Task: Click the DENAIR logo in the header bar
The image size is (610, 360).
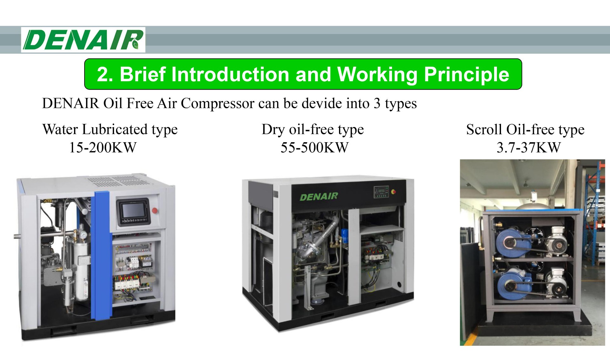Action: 83,40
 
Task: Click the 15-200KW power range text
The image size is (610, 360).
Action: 103,148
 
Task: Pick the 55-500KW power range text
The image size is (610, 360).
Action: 314,148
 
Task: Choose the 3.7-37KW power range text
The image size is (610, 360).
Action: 529,148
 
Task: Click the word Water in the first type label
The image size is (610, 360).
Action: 60,130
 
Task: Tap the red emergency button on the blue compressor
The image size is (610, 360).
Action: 155,210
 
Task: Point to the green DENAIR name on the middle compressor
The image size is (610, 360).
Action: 319,197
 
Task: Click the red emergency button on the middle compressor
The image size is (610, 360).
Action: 394,191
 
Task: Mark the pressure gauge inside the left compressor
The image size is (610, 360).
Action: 83,235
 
